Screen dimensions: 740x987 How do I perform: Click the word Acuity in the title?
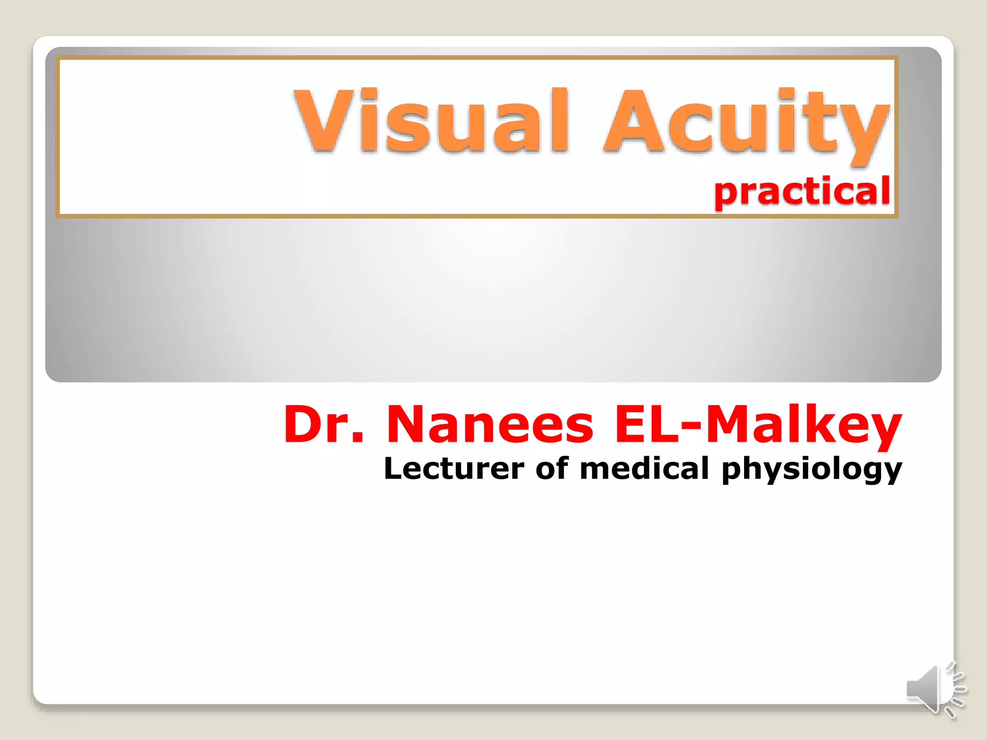[x=745, y=123]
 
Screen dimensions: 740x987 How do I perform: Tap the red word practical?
[x=801, y=192]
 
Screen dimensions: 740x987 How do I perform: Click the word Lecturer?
[x=453, y=468]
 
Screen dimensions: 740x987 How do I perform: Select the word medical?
[x=644, y=468]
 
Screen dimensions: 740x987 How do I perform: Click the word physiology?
[x=812, y=470]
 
